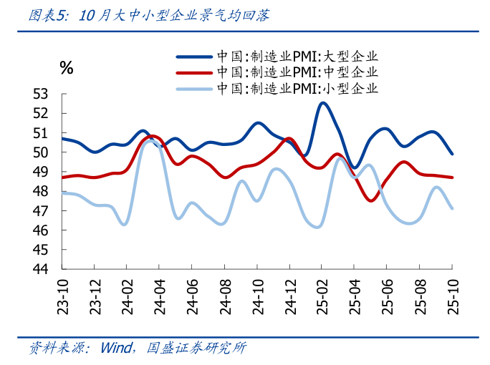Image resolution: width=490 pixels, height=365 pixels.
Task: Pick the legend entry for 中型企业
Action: (x=297, y=72)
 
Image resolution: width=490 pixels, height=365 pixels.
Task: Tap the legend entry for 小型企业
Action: (x=297, y=89)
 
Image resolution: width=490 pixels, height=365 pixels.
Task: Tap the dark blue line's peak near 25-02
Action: (x=322, y=103)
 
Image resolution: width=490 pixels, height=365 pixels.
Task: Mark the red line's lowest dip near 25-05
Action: (x=371, y=200)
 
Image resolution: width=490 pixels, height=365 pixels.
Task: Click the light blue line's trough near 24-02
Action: (x=125, y=224)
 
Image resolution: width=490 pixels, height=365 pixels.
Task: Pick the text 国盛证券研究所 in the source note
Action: (x=196, y=349)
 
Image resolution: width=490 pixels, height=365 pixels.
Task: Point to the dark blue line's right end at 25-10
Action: (x=452, y=154)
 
